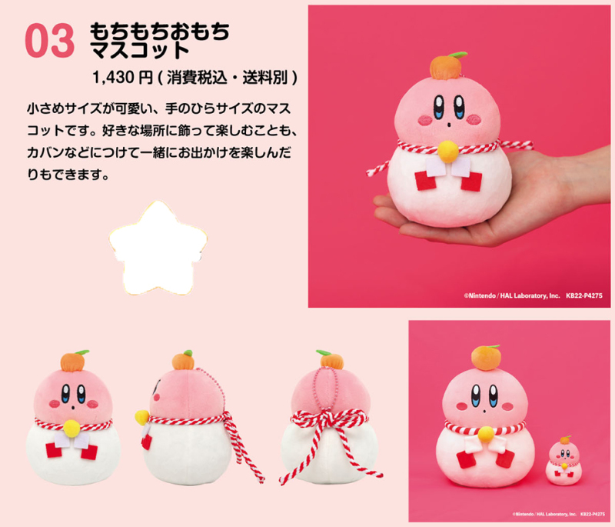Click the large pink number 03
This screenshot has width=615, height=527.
click(x=49, y=41)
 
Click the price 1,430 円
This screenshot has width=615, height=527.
click(x=122, y=77)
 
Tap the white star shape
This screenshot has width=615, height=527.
click(x=158, y=248)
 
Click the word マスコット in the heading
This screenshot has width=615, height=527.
click(x=140, y=50)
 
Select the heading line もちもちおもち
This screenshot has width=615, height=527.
click(x=160, y=32)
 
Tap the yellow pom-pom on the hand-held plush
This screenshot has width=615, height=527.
click(x=448, y=152)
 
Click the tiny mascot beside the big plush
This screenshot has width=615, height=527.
click(x=564, y=461)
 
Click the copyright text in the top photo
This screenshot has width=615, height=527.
click(x=533, y=295)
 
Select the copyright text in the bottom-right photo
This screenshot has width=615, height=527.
click(x=559, y=514)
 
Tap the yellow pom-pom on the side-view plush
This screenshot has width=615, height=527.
click(x=142, y=417)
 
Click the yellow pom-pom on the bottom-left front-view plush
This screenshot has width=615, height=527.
click(x=72, y=429)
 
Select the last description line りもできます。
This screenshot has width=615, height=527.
click(x=68, y=174)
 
